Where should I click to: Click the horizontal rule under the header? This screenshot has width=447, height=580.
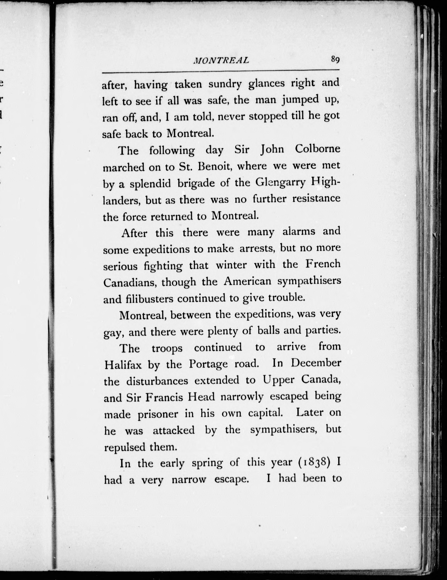click(221, 71)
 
